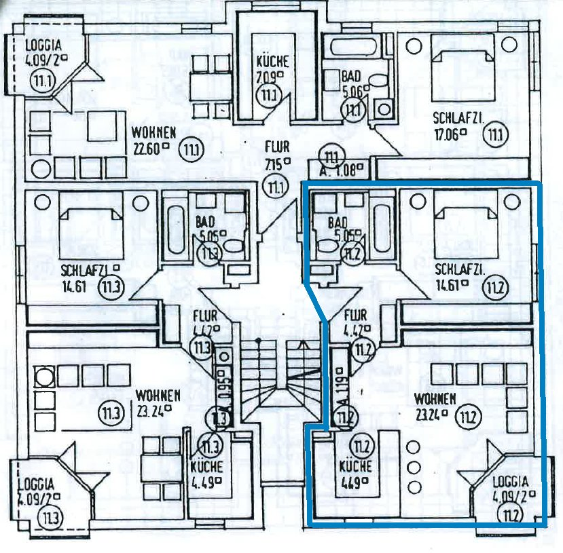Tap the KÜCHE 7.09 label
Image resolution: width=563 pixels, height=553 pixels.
272,67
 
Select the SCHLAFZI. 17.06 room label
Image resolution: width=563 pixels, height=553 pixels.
458,126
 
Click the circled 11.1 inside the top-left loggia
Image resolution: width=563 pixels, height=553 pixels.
41,82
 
